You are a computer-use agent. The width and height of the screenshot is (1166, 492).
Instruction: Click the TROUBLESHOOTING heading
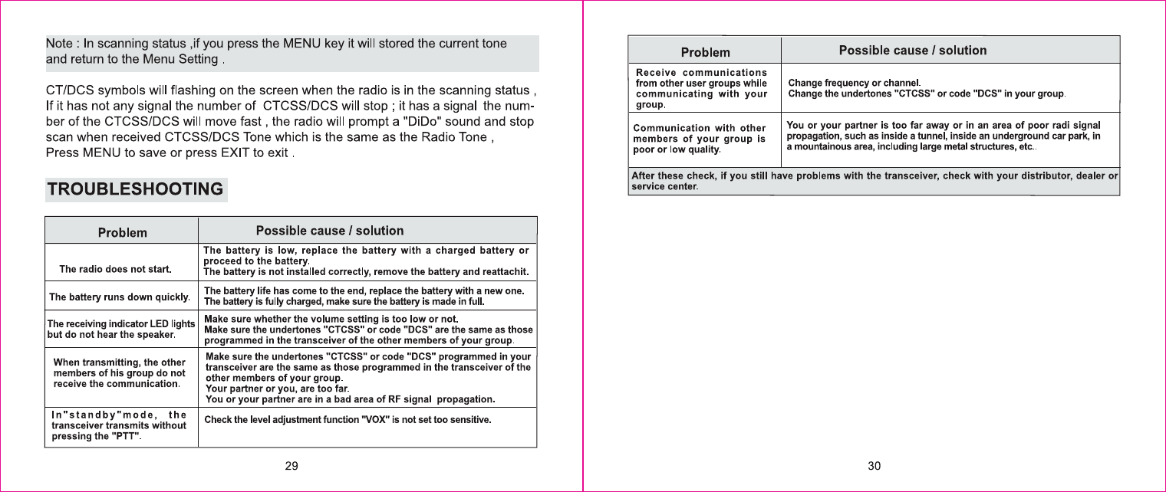pos(137,189)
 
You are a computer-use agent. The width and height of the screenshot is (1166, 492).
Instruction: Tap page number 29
pos(291,467)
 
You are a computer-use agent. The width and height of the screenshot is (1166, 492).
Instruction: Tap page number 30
pos(874,467)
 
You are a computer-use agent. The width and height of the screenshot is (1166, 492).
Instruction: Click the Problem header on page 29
pos(122,232)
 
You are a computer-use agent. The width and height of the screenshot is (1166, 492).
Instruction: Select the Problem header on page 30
pos(706,52)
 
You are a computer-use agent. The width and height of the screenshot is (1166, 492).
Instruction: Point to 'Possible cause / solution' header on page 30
pos(913,51)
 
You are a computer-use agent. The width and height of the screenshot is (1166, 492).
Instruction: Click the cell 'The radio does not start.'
pos(115,269)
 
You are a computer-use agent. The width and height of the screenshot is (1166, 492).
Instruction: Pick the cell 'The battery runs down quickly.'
pos(119,297)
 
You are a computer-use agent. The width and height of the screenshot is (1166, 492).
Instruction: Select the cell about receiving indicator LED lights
pos(121,330)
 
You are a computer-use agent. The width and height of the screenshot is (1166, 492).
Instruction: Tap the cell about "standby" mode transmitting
pos(119,426)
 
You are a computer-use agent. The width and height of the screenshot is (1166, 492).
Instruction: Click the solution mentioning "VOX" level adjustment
pos(347,420)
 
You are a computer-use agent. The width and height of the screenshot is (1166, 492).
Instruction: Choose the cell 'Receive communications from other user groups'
pos(702,88)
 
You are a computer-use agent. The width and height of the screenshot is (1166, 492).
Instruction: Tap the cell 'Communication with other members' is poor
pos(699,139)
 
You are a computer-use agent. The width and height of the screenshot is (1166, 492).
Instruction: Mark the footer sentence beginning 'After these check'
pos(874,182)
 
